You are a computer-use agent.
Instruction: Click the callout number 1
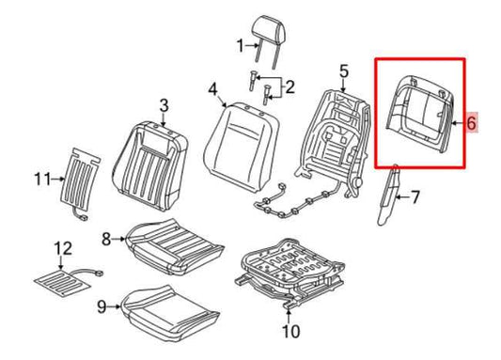(242, 46)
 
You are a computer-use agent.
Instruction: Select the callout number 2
(290, 87)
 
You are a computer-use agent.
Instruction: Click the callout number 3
(164, 105)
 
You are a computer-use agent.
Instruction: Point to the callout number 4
(212, 89)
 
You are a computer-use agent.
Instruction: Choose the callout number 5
(343, 71)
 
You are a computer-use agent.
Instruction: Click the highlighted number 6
(471, 122)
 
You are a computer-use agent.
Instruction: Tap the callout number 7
(415, 197)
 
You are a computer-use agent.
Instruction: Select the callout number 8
(106, 239)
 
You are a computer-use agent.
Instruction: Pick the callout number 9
(102, 306)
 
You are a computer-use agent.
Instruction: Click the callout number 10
(290, 331)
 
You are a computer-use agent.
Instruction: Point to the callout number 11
(42, 180)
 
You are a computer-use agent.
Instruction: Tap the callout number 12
(63, 249)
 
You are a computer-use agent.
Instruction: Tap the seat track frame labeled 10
(290, 271)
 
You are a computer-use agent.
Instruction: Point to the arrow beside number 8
(119, 239)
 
